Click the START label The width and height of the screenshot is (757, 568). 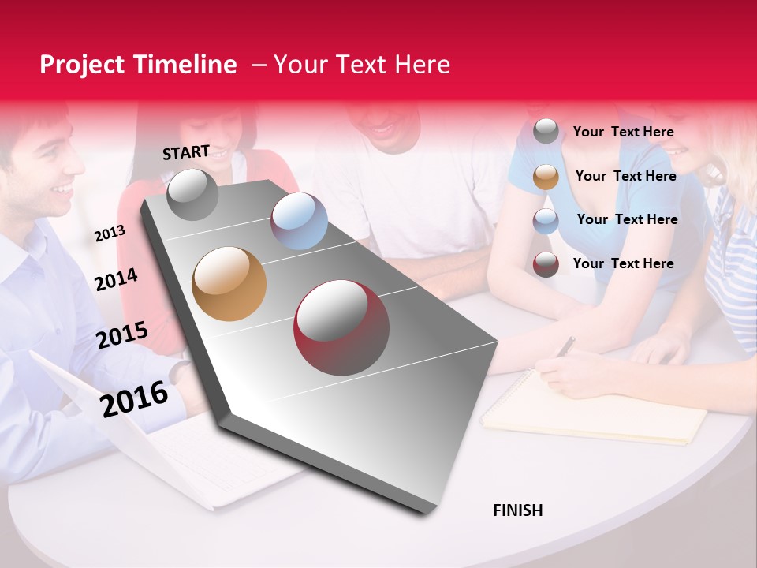coord(186,152)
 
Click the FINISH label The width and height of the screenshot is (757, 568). coord(518,510)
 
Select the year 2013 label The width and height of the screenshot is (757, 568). coord(110,234)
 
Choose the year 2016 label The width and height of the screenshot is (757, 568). coord(134,399)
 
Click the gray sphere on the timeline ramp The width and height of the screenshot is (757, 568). coord(192,195)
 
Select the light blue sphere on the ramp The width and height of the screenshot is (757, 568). coord(299,221)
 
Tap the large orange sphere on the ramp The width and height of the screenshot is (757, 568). coord(229,284)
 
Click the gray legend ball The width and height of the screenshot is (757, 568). coord(546,132)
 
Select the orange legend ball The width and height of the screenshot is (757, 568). coord(546,177)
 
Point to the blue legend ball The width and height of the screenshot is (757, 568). coord(546,220)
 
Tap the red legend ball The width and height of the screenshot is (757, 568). coord(546,264)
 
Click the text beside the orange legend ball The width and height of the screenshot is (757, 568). coord(625,176)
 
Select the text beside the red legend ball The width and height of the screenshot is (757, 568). coord(623,263)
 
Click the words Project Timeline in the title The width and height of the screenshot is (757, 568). coord(138,65)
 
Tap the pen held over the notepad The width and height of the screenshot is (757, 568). coord(565,346)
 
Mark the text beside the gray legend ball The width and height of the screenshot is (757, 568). coord(623,132)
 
